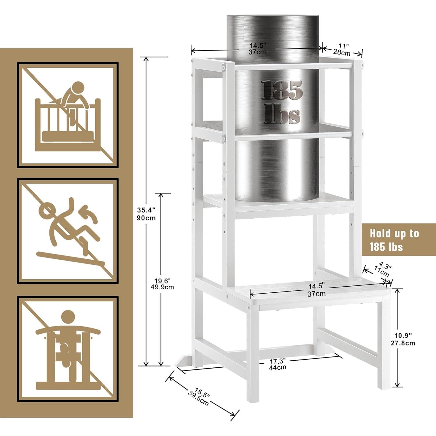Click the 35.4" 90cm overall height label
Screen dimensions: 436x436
pos(146,214)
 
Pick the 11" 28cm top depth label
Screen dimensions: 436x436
pos(342,49)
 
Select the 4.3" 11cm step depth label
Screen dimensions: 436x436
pos(383,270)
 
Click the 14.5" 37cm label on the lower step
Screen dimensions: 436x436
pos(317,290)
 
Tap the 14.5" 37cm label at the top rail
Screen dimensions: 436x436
pos(258,49)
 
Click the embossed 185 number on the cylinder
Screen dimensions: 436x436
pos(282,90)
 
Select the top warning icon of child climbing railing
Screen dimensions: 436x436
pos(68,115)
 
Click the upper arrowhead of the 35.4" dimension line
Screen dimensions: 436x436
pos(146,59)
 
